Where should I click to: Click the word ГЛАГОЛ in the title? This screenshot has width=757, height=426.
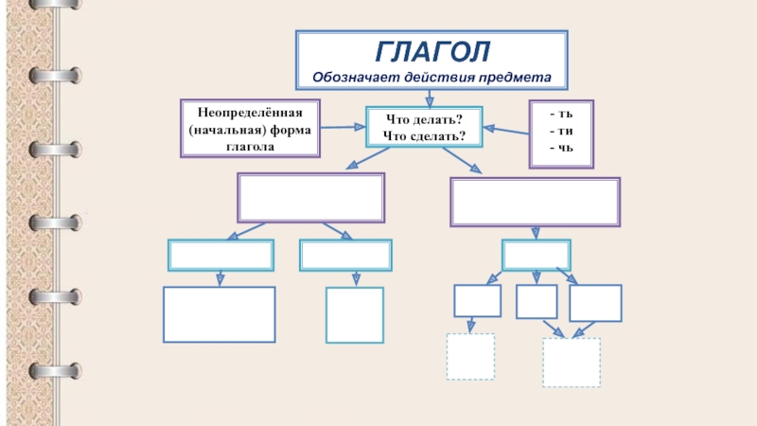tap(432, 49)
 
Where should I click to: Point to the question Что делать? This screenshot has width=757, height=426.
tap(423, 119)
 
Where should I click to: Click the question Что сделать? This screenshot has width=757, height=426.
tap(423, 136)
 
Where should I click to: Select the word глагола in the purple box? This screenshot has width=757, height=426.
tap(250, 147)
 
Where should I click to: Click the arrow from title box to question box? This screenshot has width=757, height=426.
tap(431, 97)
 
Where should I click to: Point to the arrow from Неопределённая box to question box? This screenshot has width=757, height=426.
tap(343, 127)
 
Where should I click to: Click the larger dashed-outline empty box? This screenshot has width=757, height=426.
tap(571, 363)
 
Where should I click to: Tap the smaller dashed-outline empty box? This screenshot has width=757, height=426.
tap(470, 357)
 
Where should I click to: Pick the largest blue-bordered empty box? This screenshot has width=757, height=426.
tap(220, 314)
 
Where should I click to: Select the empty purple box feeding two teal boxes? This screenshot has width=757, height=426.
tap(310, 198)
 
